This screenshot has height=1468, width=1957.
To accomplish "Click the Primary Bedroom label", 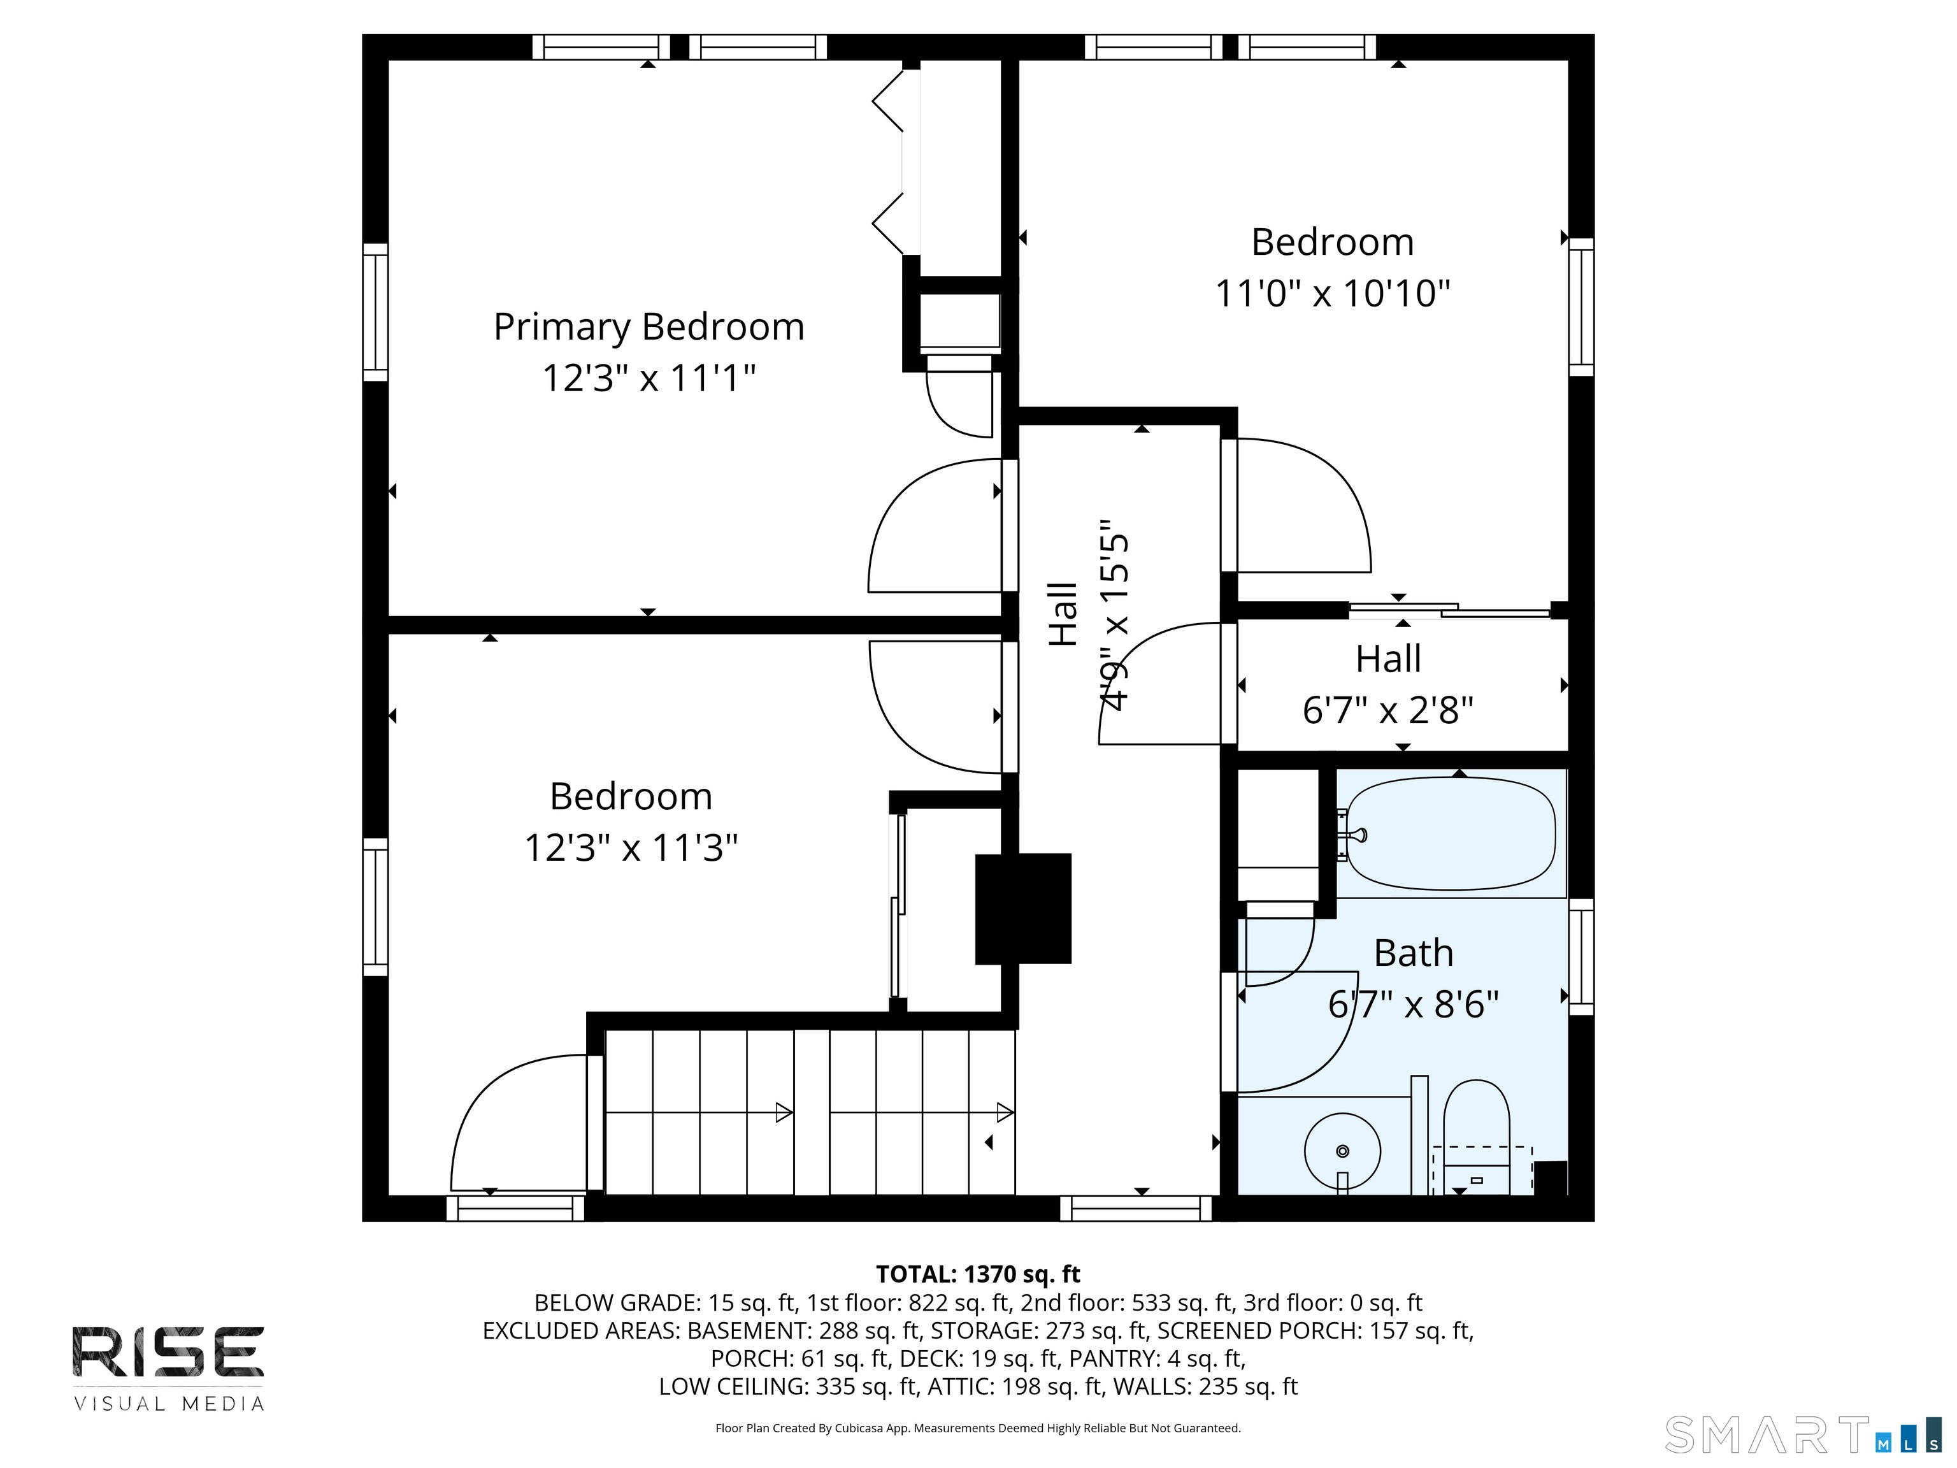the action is [649, 327].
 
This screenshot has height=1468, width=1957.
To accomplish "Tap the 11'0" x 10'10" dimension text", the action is [1333, 293].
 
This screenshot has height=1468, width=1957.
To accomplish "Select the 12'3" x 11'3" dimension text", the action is [631, 847].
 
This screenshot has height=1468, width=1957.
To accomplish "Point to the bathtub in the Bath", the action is [1451, 833].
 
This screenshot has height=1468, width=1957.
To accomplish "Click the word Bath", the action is [1413, 953].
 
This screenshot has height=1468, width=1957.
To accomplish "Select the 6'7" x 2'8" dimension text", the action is [1387, 710].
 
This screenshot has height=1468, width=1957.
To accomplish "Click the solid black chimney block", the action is [1022, 908].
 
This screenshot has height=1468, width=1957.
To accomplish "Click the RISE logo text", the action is [168, 1351].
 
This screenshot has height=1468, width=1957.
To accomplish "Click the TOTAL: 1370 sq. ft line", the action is [978, 1274].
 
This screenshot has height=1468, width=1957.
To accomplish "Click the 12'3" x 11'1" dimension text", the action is [649, 378].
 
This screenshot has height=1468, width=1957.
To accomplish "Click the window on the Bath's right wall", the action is [1581, 956].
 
